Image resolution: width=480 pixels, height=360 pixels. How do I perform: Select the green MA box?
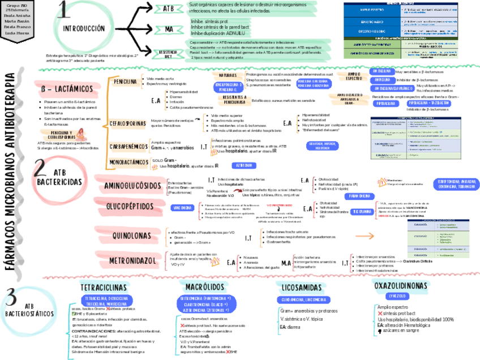coord(169,28)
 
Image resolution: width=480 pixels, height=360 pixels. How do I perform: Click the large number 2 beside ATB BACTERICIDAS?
coord(40,170)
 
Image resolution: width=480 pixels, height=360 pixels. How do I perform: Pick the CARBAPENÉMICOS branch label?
coord(129,147)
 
